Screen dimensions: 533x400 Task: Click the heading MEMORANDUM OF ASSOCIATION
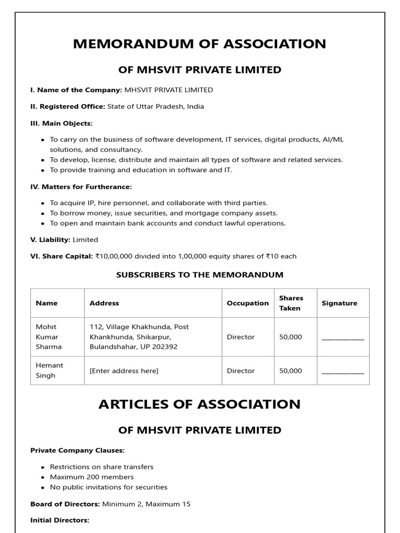199,44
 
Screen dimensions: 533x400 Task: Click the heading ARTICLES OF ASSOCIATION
199,404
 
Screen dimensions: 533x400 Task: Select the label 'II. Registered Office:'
68,106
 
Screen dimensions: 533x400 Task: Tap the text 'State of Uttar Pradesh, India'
156,106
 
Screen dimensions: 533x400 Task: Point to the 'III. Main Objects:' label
61,123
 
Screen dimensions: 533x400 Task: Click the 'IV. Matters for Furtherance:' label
81,187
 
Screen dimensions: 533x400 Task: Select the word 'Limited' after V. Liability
85,240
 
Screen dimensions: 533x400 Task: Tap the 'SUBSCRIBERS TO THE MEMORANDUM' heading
199,275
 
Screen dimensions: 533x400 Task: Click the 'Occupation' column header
248,303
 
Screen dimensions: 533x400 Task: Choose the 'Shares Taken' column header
291,303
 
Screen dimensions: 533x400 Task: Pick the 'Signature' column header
340,303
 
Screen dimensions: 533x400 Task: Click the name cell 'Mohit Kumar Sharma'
48,337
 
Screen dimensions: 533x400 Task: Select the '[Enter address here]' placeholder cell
124,371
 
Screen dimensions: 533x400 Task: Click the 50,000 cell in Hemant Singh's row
291,371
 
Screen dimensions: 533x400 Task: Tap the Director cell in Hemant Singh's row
241,371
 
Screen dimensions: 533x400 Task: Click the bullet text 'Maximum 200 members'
92,477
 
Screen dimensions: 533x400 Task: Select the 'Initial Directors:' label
60,520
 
